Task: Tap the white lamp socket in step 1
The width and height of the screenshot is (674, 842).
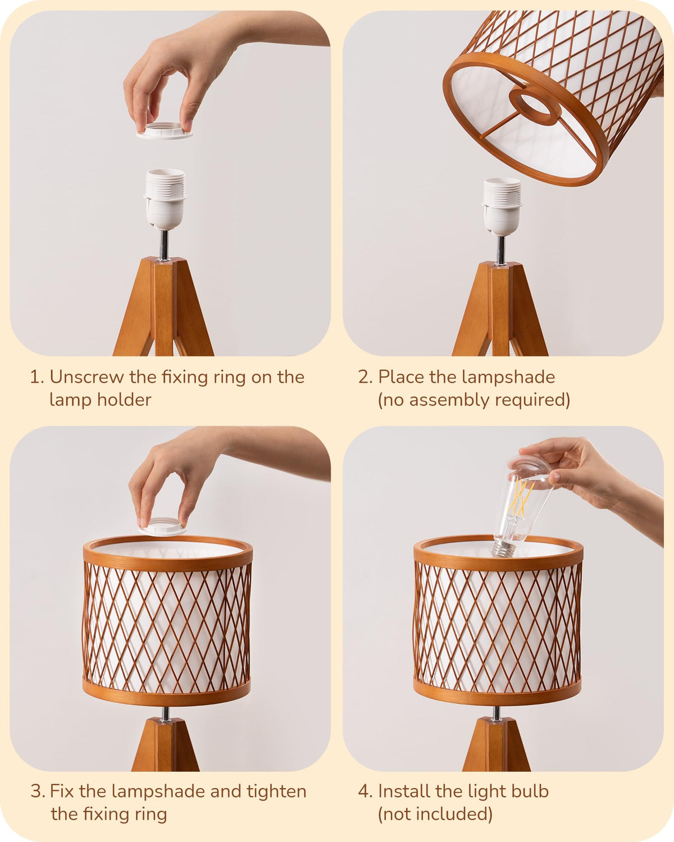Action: click(x=165, y=199)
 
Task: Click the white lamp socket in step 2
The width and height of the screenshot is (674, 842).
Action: click(x=502, y=207)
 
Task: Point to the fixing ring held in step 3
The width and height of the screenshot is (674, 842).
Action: click(x=162, y=526)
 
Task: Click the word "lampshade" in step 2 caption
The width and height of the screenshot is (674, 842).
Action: click(x=509, y=378)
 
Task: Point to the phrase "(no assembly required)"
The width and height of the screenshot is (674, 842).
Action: click(x=474, y=400)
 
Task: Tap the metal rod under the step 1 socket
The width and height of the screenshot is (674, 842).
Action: click(x=165, y=245)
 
